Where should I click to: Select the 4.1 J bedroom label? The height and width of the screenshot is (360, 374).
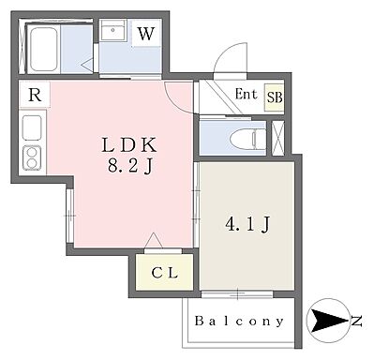click(x=247, y=224)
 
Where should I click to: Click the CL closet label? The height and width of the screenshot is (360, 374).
click(x=166, y=274)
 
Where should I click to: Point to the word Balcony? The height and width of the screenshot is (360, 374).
click(x=239, y=322)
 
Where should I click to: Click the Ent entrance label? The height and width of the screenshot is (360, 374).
click(x=246, y=94)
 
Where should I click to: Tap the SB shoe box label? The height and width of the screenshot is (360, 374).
click(x=275, y=97)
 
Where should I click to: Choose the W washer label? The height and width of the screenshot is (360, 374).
click(x=145, y=35)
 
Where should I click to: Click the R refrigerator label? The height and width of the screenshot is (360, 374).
click(x=34, y=95)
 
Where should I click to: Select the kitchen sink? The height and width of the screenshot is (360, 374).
click(x=30, y=127)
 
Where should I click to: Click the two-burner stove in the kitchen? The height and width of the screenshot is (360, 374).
click(x=31, y=157)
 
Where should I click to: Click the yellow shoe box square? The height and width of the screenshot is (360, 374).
click(x=275, y=97)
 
